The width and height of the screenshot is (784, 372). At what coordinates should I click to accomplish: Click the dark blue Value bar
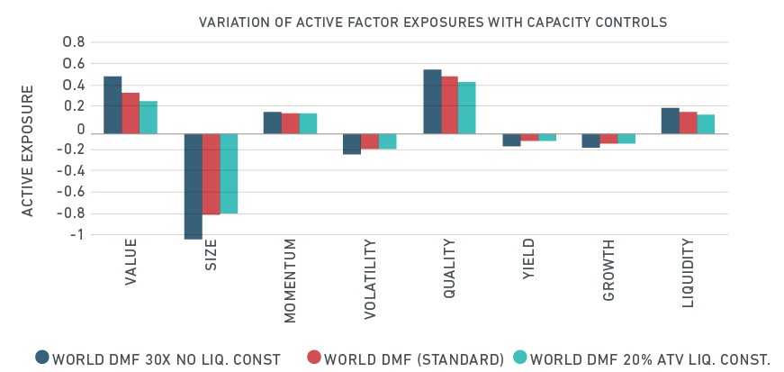[113, 105]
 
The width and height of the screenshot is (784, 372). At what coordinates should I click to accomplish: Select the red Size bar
[211, 174]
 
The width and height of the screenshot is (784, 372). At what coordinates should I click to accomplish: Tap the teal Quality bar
[466, 108]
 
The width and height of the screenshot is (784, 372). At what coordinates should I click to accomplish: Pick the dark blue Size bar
[193, 186]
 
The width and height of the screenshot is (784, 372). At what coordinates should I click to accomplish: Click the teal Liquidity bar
[706, 124]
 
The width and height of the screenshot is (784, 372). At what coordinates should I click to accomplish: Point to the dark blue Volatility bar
[352, 144]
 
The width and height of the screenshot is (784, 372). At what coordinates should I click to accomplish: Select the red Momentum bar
[290, 123]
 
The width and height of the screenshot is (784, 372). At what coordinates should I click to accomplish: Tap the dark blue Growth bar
[591, 141]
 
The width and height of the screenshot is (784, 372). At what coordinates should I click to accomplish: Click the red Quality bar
[448, 105]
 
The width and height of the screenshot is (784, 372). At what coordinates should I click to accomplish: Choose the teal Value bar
[149, 118]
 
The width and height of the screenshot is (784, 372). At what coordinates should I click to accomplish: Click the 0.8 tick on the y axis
[74, 42]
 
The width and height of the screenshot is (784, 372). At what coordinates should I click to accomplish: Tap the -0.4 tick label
[70, 171]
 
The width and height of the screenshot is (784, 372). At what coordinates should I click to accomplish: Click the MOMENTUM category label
[291, 281]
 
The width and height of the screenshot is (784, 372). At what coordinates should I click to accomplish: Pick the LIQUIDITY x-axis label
[689, 272]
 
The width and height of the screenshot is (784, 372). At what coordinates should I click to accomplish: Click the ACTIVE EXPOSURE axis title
[28, 150]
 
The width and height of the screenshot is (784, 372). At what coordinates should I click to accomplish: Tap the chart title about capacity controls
[433, 22]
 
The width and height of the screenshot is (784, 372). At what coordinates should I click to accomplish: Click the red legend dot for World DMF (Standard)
[314, 358]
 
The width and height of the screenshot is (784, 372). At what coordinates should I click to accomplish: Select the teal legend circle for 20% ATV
[520, 358]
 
